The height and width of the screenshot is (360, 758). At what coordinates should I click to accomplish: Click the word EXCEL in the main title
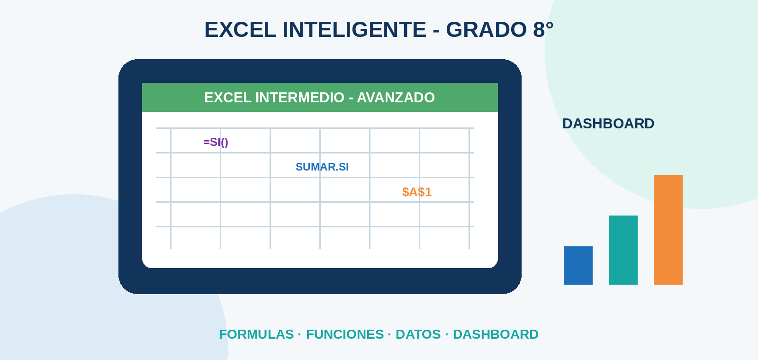240,30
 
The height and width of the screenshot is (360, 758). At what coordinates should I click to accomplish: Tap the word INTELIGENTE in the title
354,30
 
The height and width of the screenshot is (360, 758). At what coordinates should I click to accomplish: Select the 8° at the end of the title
543,30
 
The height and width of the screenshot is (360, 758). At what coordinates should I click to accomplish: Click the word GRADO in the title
486,30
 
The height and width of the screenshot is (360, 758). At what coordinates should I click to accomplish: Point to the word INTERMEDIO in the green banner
300,98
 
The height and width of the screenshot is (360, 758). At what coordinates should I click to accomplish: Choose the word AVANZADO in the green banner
396,98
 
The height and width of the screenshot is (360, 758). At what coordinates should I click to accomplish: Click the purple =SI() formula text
216,142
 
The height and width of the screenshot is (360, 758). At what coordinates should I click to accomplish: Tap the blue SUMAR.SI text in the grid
322,167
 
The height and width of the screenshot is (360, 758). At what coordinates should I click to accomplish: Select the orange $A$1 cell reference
416,192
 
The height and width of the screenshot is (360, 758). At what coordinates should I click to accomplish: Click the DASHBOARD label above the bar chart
608,124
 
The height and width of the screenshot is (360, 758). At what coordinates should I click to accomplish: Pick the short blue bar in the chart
578,265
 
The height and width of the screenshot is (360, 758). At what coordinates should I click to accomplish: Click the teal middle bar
623,250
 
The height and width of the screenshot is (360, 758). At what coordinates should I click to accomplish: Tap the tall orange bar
668,230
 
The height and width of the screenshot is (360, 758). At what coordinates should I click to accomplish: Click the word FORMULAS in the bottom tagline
256,334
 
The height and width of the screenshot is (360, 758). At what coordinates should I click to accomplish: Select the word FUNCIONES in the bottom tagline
345,334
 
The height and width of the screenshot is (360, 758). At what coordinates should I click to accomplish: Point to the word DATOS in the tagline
418,334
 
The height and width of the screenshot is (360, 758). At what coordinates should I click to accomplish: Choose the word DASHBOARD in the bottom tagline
496,334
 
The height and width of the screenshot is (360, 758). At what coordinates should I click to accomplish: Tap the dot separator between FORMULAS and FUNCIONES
299,334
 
